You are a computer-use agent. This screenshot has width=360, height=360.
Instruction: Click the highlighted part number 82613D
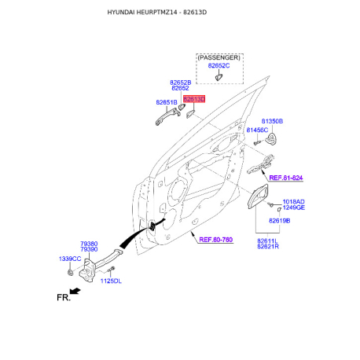pyautogui.click(x=194, y=100)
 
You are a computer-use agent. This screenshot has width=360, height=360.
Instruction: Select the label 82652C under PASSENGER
pyautogui.click(x=219, y=66)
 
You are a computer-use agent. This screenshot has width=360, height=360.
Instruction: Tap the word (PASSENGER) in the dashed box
pyautogui.click(x=219, y=57)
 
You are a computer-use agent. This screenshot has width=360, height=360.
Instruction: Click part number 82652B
pyautogui.click(x=180, y=82)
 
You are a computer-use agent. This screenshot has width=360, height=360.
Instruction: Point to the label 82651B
pyautogui.click(x=166, y=102)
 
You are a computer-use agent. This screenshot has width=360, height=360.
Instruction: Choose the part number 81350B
pyautogui.click(x=272, y=121)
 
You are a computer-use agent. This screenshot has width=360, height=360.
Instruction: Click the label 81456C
pyautogui.click(x=257, y=130)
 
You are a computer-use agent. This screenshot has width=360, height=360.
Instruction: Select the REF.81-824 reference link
pyautogui.click(x=286, y=178)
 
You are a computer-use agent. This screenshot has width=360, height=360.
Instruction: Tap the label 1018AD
pyautogui.click(x=293, y=201)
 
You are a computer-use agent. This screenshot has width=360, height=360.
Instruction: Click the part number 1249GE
pyautogui.click(x=293, y=208)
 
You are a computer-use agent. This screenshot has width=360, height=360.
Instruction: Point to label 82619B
pyautogui.click(x=278, y=221)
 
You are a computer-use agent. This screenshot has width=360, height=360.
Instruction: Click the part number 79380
pyautogui.click(x=89, y=244)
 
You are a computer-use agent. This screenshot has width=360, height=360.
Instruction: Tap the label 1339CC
pyautogui.click(x=71, y=258)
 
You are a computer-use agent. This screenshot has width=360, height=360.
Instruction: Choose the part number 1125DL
pyautogui.click(x=111, y=280)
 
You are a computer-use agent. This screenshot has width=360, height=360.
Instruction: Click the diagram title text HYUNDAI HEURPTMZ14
pyautogui.click(x=145, y=14)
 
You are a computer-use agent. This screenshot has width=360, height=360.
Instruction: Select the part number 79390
pyautogui.click(x=89, y=250)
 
